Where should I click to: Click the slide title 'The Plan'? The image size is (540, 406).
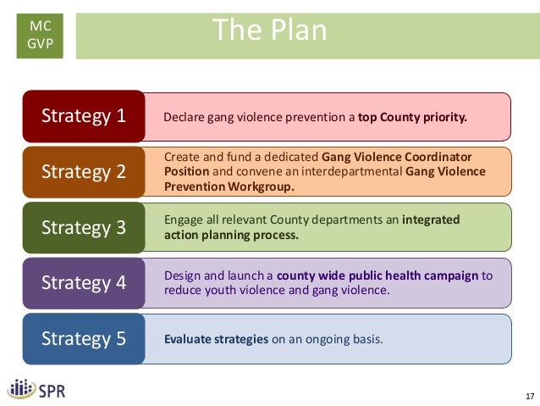pos(269,31)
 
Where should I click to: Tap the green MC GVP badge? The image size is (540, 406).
pos(40,36)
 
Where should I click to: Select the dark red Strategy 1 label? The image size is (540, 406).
pos(84,116)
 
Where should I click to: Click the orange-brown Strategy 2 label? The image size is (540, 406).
pos(84,172)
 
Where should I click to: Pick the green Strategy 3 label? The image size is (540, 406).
pos(84,227)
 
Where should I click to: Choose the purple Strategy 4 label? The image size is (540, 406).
pos(84,283)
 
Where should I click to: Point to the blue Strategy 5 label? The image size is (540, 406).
pos(84,339)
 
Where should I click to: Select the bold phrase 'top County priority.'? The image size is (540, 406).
pos(412,117)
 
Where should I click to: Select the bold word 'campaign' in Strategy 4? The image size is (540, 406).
pos(454,275)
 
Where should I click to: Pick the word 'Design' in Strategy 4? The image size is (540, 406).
pos(181,275)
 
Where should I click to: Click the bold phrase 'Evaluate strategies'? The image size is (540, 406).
pos(216,340)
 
